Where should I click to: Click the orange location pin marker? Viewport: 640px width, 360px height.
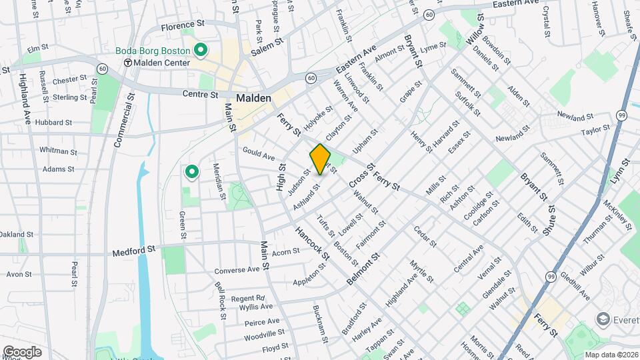[x=320, y=159]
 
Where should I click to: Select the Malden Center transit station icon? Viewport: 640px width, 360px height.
[x=127, y=63]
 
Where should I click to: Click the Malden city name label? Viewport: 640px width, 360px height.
[x=253, y=98]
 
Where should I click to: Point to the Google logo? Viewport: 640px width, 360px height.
[x=22, y=351]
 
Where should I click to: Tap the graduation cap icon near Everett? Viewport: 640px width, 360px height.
[x=604, y=319]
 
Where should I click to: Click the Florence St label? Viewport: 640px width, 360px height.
[x=181, y=27]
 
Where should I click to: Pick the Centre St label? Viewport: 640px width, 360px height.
[x=200, y=94]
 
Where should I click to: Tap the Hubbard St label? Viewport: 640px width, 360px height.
[x=53, y=123]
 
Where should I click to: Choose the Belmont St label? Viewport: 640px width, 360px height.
[x=363, y=269]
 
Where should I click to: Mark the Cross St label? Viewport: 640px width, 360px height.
[x=358, y=175]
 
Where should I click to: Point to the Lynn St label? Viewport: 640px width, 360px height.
[x=624, y=172]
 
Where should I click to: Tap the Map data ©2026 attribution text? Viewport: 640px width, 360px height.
[x=610, y=355]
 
